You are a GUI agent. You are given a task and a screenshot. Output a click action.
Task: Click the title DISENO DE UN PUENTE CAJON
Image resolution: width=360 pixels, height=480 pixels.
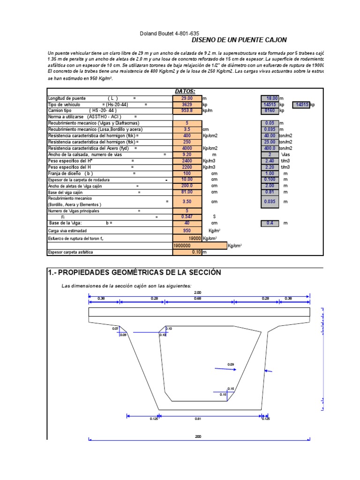pyautogui.click(x=239, y=40)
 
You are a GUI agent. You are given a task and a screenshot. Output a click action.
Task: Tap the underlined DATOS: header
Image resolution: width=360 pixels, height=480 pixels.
pyautogui.click(x=185, y=91)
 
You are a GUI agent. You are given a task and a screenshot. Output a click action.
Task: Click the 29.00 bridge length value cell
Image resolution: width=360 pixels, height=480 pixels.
pyautogui.click(x=187, y=98)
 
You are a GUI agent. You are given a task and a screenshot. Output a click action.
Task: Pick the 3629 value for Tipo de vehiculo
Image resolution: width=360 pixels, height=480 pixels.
pyautogui.click(x=187, y=105)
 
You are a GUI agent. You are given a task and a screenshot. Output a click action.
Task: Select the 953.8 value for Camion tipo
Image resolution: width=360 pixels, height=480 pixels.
pyautogui.click(x=187, y=111)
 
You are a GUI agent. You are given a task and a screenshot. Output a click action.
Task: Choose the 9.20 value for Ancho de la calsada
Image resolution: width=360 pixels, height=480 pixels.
pyautogui.click(x=187, y=154)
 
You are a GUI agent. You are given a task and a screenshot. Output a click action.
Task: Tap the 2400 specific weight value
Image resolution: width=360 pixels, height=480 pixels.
pyautogui.click(x=187, y=160)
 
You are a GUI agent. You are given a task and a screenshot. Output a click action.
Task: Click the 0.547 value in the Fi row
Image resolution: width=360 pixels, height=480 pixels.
pyautogui.click(x=187, y=217)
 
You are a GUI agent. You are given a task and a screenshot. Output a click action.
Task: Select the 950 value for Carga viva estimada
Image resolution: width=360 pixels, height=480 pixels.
pyautogui.click(x=187, y=231)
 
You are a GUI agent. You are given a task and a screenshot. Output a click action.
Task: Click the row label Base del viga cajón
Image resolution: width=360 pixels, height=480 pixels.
pyautogui.click(x=65, y=192)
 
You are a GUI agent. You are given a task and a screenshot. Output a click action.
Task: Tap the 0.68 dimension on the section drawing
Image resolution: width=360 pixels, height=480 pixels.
pyautogui.click(x=197, y=298)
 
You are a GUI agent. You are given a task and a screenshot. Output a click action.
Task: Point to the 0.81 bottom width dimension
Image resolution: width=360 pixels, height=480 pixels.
pyautogui.click(x=197, y=419)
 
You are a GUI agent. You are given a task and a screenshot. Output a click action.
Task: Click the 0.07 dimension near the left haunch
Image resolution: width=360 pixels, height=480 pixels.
pyautogui.click(x=115, y=329)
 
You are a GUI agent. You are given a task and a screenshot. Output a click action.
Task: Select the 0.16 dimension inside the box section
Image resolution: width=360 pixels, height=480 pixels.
pyautogui.click(x=231, y=389)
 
